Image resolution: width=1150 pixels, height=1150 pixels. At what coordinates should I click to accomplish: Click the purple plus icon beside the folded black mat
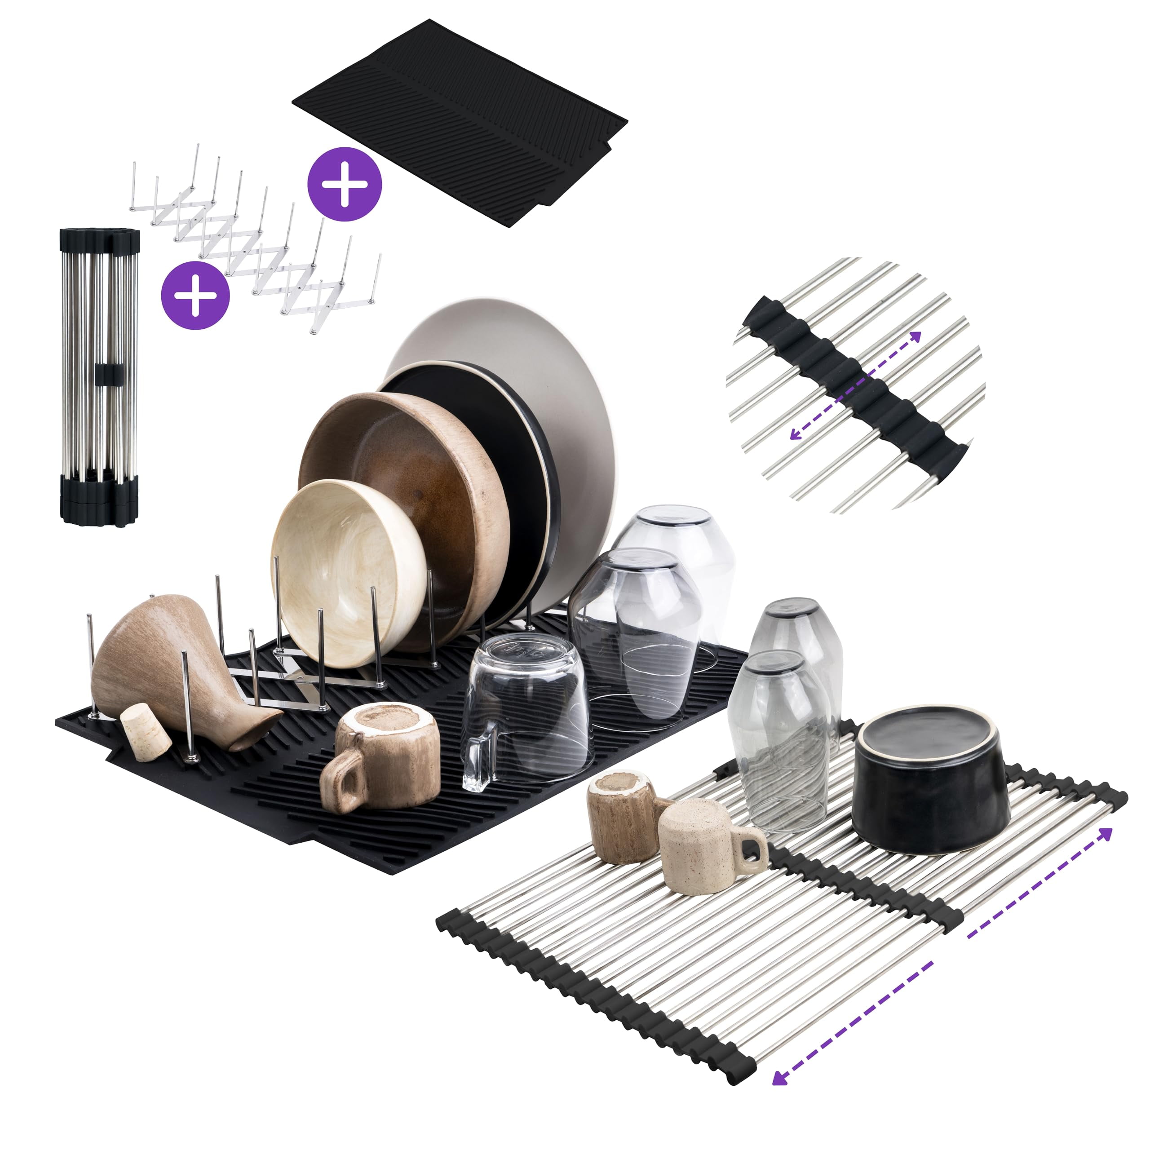[x=344, y=184]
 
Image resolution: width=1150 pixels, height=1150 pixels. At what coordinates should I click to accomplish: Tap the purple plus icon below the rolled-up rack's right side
[x=195, y=295]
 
